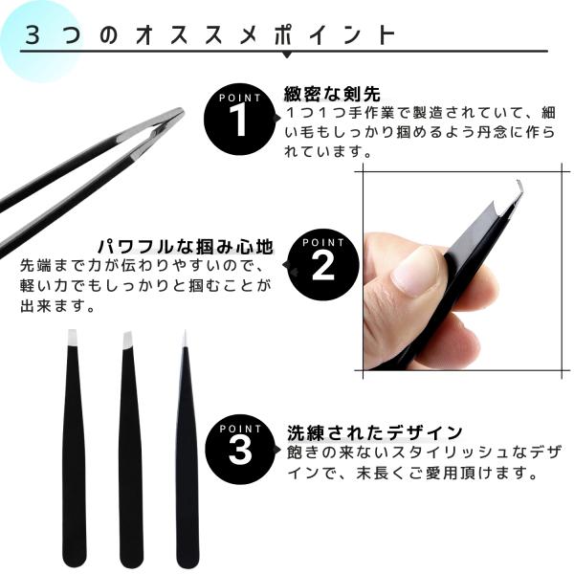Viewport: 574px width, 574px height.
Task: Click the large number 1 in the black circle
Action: pyautogui.click(x=239, y=121)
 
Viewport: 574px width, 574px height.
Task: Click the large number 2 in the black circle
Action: pyautogui.click(x=323, y=266)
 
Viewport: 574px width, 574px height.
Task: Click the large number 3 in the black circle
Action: pyautogui.click(x=240, y=451)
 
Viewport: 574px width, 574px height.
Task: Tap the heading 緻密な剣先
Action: pyautogui.click(x=332, y=94)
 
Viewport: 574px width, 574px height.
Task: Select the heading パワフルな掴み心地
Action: pyautogui.click(x=186, y=247)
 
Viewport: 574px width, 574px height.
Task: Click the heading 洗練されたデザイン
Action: pyautogui.click(x=375, y=432)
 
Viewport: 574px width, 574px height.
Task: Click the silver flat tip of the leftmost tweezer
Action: pyautogui.click(x=73, y=338)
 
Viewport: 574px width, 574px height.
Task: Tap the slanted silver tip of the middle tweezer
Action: pyautogui.click(x=127, y=340)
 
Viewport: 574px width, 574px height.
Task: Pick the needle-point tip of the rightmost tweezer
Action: pyautogui.click(x=186, y=338)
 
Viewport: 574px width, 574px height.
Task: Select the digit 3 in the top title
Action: pyautogui.click(x=33, y=36)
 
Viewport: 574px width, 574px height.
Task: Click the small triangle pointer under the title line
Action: pyautogui.click(x=287, y=55)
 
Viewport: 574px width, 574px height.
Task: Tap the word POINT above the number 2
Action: pyautogui.click(x=323, y=242)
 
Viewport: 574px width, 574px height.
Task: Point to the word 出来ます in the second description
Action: pyautogui.click(x=54, y=306)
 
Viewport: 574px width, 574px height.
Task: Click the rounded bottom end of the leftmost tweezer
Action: pyautogui.click(x=75, y=560)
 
